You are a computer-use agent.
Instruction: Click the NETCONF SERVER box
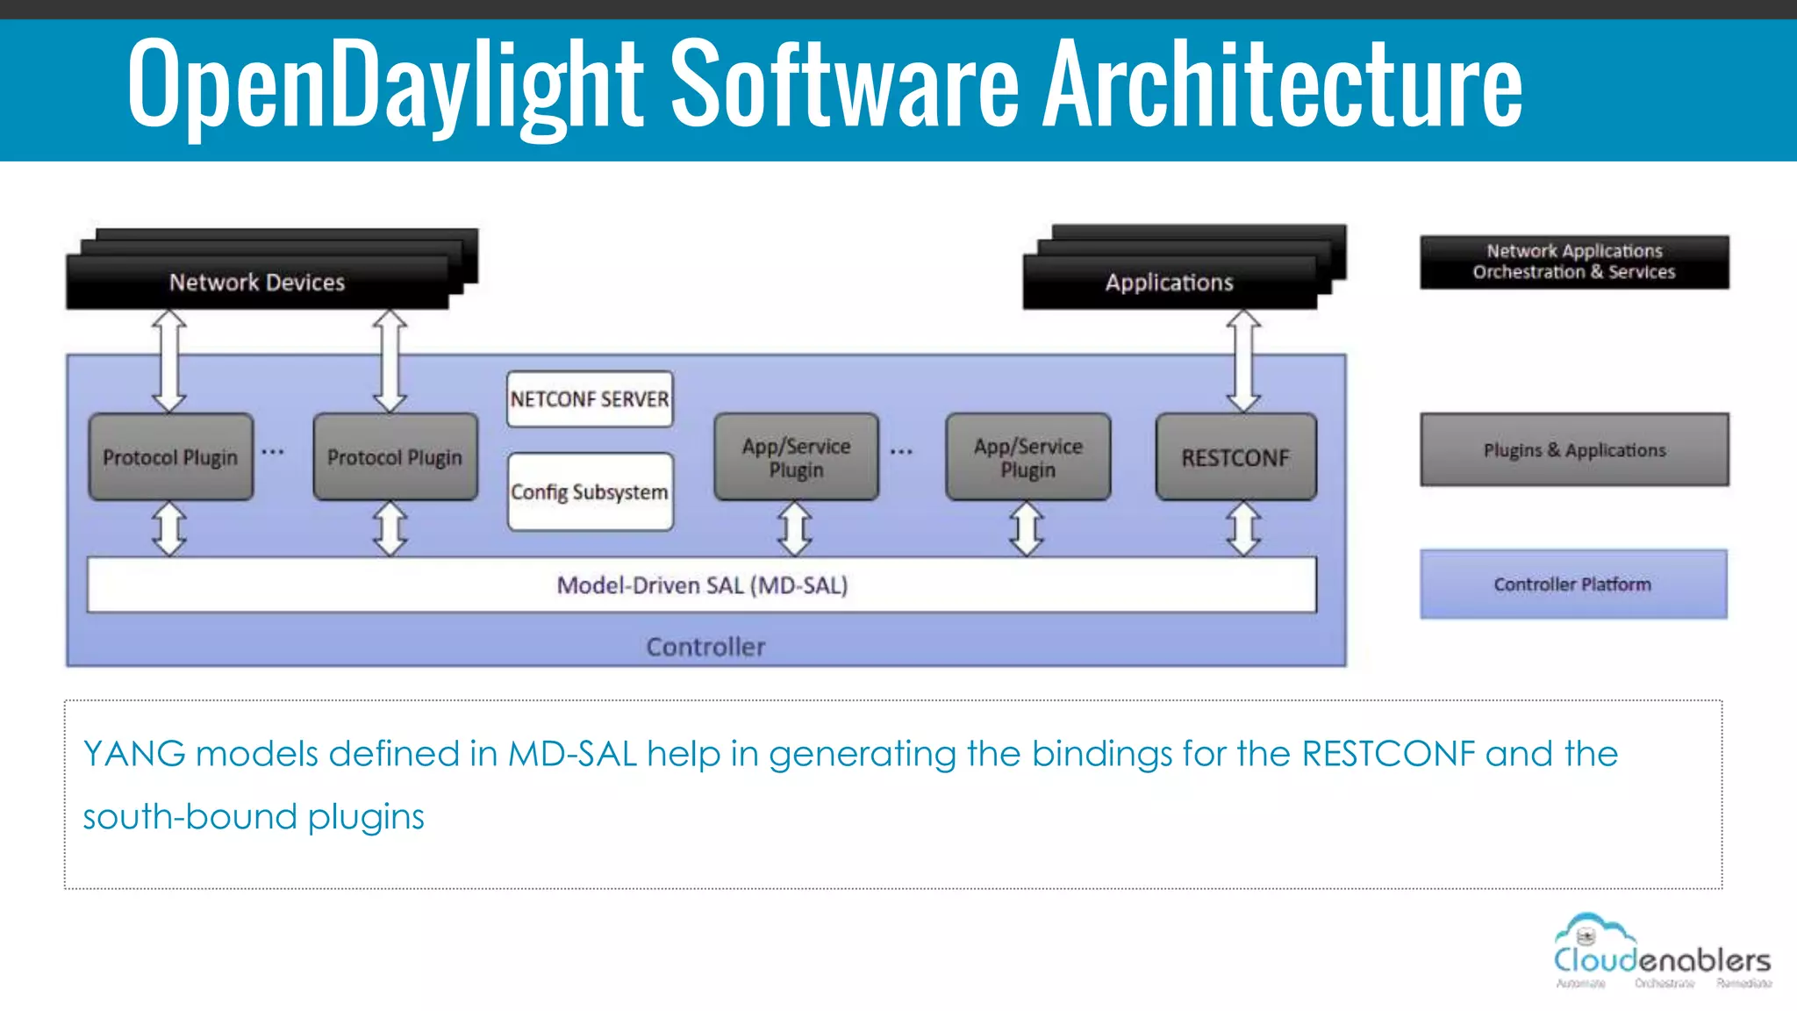pyautogui.click(x=590, y=399)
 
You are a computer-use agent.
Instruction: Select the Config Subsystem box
pyautogui.click(x=590, y=491)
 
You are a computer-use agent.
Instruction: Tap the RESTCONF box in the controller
pyautogui.click(x=1235, y=457)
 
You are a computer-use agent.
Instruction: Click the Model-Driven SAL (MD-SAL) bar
pyautogui.click(x=702, y=584)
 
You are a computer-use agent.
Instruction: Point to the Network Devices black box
pyautogui.click(x=257, y=282)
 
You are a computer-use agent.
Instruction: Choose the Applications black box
pyautogui.click(x=1169, y=282)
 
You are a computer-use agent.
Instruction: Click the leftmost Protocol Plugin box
pyautogui.click(x=170, y=457)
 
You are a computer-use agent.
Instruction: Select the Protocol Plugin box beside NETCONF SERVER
pyautogui.click(x=395, y=457)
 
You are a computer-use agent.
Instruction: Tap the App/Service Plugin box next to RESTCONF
pyautogui.click(x=1027, y=457)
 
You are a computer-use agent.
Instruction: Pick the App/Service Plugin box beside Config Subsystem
pyautogui.click(x=796, y=457)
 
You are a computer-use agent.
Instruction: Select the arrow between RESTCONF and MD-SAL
pyautogui.click(x=1243, y=528)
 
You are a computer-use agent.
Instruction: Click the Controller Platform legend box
pyautogui.click(x=1573, y=584)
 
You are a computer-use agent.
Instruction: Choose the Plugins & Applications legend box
pyautogui.click(x=1574, y=450)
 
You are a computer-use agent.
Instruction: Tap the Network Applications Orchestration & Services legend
pyautogui.click(x=1574, y=262)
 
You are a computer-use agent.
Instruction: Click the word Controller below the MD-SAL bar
pyautogui.click(x=705, y=647)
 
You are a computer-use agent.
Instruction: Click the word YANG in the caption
pyautogui.click(x=133, y=754)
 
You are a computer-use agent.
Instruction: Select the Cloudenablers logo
pyautogui.click(x=1662, y=952)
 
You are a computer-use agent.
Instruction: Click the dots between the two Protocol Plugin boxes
pyautogui.click(x=273, y=452)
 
